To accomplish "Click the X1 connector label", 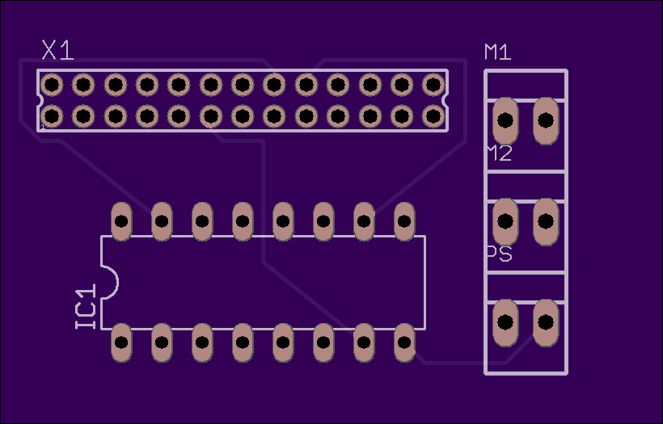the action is click(58, 50).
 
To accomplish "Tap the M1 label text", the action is click(498, 52).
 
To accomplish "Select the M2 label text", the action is click(500, 153).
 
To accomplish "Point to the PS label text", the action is click(500, 254).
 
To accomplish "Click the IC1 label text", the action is click(86, 307).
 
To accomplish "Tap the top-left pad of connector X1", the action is click(52, 85).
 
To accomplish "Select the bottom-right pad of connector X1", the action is click(433, 116).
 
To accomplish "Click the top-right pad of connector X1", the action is click(433, 85).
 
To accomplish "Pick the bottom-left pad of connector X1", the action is click(52, 116).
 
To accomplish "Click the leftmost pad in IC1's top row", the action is click(121, 220).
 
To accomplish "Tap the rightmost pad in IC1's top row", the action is click(404, 220).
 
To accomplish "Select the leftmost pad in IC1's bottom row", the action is click(121, 342).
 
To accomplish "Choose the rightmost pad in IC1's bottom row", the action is click(404, 342).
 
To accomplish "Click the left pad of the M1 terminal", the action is click(505, 120).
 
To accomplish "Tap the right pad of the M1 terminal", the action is click(546, 120).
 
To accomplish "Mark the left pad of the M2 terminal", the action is click(505, 220).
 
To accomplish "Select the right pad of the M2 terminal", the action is click(546, 220).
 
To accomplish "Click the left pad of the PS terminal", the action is click(505, 322).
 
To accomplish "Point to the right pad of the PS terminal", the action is click(546, 322).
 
